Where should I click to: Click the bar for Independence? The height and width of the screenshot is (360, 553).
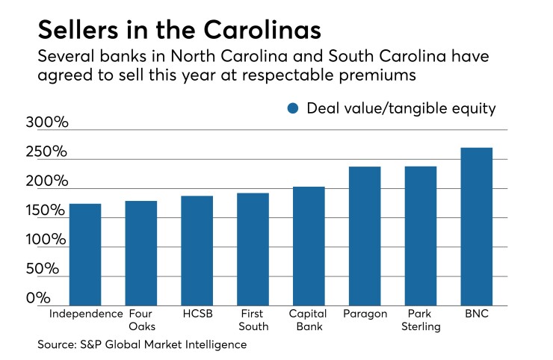coord(84,254)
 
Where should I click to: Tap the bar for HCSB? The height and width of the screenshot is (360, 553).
coord(197,250)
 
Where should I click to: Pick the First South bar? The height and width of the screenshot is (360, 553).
coord(253,249)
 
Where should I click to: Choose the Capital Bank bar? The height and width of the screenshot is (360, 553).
coord(309,246)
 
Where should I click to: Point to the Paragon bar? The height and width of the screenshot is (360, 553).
coord(365,235)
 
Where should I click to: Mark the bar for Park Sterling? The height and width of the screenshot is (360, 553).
coord(421,235)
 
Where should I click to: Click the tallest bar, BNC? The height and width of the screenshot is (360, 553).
coord(477,226)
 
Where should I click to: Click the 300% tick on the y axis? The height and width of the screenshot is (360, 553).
coord(46,123)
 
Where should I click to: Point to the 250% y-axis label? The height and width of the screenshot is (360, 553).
coord(46,153)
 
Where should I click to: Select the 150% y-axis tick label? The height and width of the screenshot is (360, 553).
coord(46,211)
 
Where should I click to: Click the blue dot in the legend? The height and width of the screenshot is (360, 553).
coord(292,109)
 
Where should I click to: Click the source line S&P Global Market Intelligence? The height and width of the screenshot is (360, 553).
coord(142,344)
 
